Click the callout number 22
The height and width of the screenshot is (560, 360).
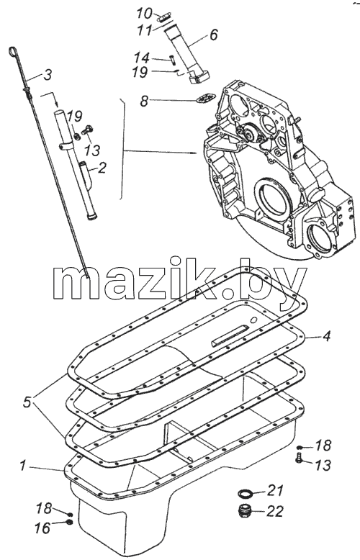pyautogui.click(x=274, y=511)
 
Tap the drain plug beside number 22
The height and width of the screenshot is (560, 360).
pyautogui.click(x=245, y=510)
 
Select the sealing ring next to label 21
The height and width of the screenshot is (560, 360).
pyautogui.click(x=245, y=493)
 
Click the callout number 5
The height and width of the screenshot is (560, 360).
pyautogui.click(x=27, y=402)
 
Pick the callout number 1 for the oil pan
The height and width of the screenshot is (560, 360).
pyautogui.click(x=23, y=466)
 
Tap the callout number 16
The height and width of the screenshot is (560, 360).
pyautogui.click(x=42, y=528)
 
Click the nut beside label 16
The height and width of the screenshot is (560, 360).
pyautogui.click(x=70, y=523)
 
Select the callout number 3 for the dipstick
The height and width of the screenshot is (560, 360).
pyautogui.click(x=48, y=75)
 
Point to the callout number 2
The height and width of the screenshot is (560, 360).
pyautogui.click(x=102, y=167)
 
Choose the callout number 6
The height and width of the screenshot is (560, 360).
pyautogui.click(x=213, y=35)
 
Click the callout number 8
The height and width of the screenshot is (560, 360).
pyautogui.click(x=144, y=101)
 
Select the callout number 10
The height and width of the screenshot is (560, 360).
pyautogui.click(x=145, y=14)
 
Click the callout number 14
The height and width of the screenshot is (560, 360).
pyautogui.click(x=141, y=58)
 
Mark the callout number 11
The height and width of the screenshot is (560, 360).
pyautogui.click(x=144, y=30)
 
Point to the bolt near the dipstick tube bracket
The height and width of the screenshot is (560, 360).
pyautogui.click(x=87, y=130)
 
